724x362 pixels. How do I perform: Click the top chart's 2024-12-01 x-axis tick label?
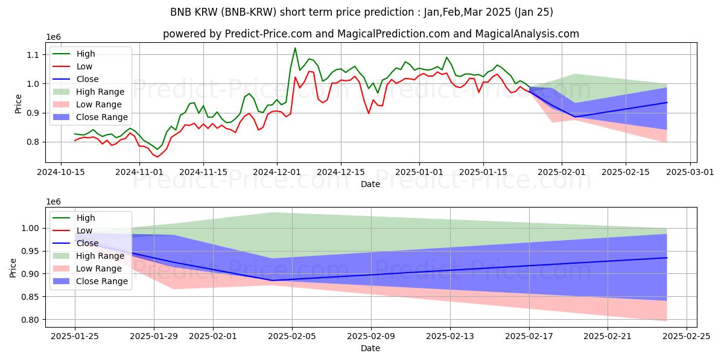[x=277, y=172]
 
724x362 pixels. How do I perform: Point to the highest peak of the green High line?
[x=295, y=48]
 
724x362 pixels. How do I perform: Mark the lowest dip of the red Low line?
[x=157, y=157]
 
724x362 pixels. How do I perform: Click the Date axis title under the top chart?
[x=370, y=184]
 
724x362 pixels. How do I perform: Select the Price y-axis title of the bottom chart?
[x=13, y=267]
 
